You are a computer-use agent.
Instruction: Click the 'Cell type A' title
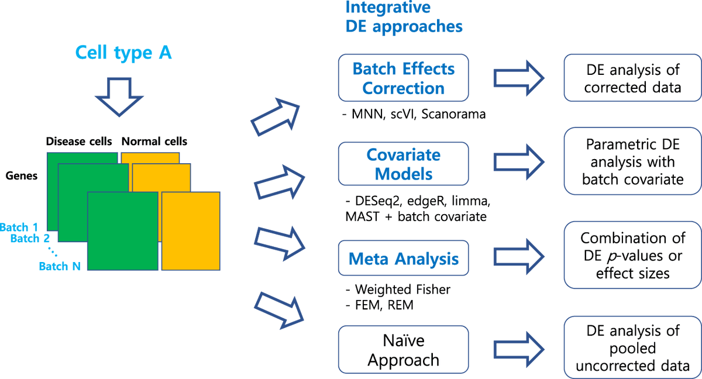point(123,53)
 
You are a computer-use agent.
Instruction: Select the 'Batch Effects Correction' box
point(404,78)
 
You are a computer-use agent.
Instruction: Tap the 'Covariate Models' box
point(404,164)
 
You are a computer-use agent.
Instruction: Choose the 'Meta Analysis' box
point(404,258)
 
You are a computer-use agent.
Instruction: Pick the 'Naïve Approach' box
point(404,350)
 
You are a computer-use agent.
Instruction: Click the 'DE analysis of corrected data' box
point(632,78)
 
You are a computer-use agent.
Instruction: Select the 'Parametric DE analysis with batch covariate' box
point(632,161)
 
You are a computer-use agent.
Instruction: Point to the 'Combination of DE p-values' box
point(632,256)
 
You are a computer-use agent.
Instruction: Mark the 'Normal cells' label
point(154,141)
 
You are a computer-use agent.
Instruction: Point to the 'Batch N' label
point(59,266)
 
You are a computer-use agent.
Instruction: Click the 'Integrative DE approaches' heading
point(404,17)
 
